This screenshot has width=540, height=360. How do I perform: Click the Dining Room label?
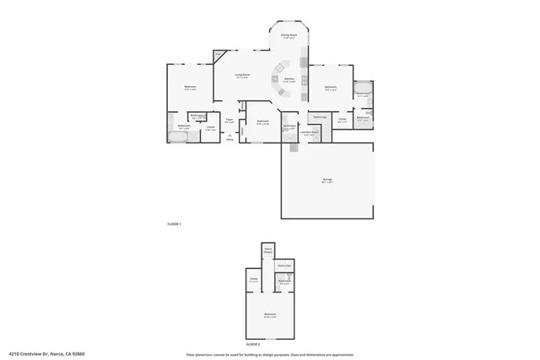pos(289,35)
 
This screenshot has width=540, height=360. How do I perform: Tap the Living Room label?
pos(241,77)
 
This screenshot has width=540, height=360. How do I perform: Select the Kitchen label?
pos(289,80)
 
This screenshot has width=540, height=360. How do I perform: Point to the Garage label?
pos(327,180)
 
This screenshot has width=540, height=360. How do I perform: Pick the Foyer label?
pos(229,120)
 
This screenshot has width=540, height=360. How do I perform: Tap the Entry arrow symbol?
pos(229,135)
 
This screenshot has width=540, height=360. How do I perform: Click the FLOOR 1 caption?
pos(175,223)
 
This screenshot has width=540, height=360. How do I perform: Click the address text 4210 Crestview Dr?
pos(46,354)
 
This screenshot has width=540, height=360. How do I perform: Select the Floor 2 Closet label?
pos(253,279)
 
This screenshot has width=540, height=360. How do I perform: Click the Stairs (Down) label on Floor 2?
pos(268,250)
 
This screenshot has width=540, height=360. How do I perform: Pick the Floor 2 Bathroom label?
pos(284,281)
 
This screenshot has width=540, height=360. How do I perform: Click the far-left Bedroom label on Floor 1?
pos(191,88)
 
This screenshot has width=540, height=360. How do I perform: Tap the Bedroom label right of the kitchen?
pos(331,87)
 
